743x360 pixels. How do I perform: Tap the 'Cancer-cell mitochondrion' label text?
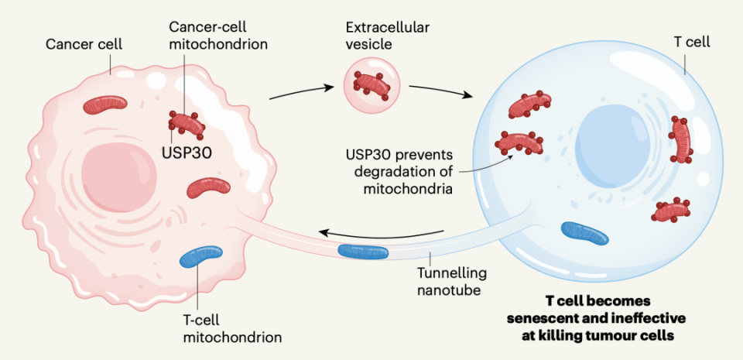point(219,35)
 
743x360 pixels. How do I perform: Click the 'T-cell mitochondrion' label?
point(231,328)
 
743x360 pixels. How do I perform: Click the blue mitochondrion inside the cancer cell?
point(201,257)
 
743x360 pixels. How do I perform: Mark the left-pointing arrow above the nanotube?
point(382,230)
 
